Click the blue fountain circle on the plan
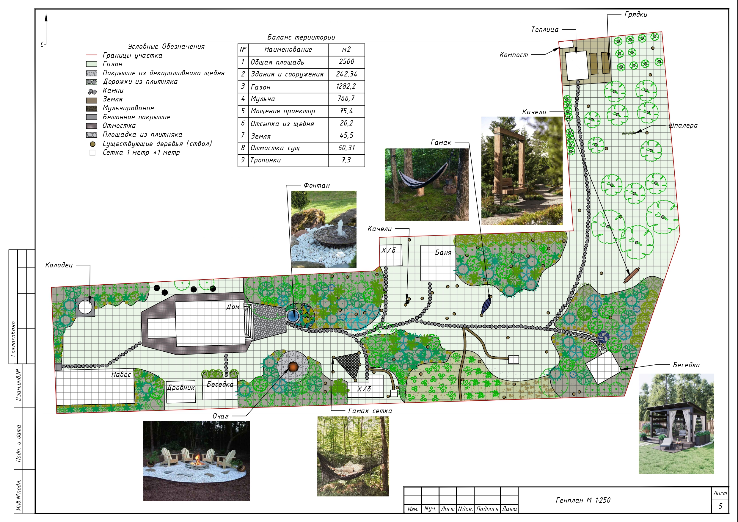tap(293, 316)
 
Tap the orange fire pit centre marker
tap(293, 367)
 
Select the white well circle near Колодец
tap(85, 307)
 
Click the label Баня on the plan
tap(443, 253)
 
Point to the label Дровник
tap(181, 388)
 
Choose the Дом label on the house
tap(233, 307)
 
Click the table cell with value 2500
tap(346, 62)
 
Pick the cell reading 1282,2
tap(346, 87)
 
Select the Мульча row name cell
tap(288, 99)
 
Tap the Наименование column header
tap(288, 50)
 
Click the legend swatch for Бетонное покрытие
tap(92, 117)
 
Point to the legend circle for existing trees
tap(92, 144)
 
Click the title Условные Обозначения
tap(166, 47)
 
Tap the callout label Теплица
tap(545, 29)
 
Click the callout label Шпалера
tap(683, 126)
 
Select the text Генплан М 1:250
tap(583, 500)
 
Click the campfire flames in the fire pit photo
tap(198, 458)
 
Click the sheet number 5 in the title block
tap(720, 506)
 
